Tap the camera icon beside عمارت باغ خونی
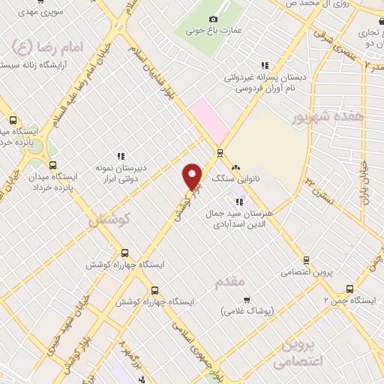pyautogui.click(x=214, y=19)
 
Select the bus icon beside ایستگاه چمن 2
pyautogui.click(x=349, y=289)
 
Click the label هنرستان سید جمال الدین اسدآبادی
pyautogui.click(x=238, y=218)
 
